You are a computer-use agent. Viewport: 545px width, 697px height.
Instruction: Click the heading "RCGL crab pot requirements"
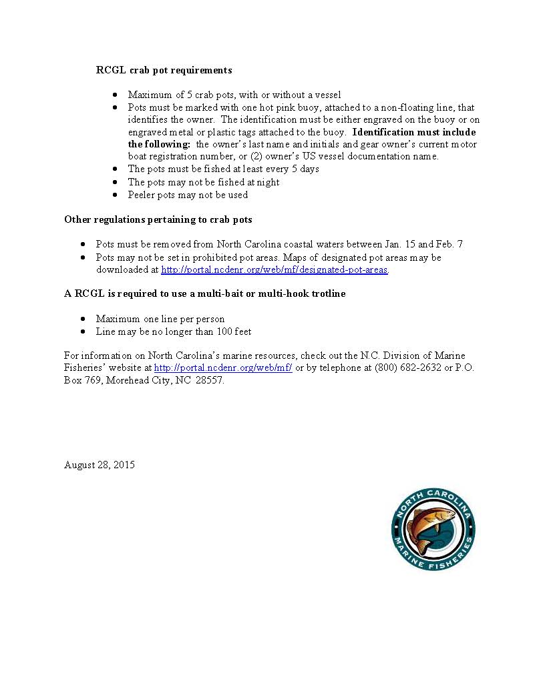point(164,70)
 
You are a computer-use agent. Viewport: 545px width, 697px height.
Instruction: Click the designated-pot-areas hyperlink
point(275,270)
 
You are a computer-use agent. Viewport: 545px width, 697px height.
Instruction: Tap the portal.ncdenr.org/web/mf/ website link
point(223,368)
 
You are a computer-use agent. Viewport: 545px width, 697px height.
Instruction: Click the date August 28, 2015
point(100,465)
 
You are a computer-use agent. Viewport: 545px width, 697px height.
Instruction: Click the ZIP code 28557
point(209,381)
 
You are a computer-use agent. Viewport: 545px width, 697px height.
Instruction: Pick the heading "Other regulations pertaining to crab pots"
point(158,219)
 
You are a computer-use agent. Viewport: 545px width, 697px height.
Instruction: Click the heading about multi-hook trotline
point(204,293)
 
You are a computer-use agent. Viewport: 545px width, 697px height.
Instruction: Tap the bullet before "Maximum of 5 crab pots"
point(115,95)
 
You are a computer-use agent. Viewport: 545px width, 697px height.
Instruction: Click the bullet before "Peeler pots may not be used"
point(115,195)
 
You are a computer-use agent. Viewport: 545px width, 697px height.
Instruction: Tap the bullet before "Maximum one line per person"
point(83,319)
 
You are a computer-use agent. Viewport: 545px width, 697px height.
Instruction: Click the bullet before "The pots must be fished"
point(115,169)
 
